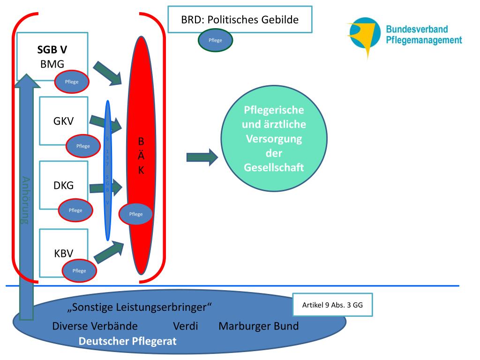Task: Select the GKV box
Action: click(63, 120)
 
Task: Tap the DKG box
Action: click(63, 185)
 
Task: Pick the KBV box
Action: click(63, 253)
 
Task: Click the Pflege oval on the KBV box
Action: click(79, 270)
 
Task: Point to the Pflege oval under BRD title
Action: click(215, 40)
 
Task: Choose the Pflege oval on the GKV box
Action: click(83, 146)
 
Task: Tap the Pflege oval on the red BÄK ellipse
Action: click(135, 214)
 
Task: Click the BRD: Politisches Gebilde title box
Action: click(240, 20)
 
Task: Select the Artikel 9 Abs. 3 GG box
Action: click(332, 305)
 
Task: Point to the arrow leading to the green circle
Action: click(202, 157)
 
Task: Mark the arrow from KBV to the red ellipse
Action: click(109, 252)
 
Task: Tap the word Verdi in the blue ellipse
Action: click(186, 326)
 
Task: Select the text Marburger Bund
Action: click(258, 326)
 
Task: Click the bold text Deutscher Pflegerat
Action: click(127, 341)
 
